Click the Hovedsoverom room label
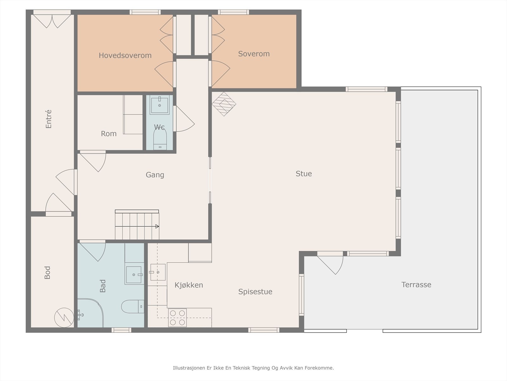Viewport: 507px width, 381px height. click(x=125, y=56)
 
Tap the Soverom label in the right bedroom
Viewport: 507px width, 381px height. click(x=254, y=54)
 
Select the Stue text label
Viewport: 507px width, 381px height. click(x=304, y=173)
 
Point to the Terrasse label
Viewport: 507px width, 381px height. click(x=416, y=284)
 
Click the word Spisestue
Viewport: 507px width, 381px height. click(x=255, y=292)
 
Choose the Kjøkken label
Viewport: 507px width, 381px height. click(x=189, y=285)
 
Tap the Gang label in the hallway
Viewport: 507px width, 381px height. click(x=155, y=175)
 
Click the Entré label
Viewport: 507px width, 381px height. click(x=48, y=119)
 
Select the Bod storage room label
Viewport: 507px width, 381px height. click(x=47, y=272)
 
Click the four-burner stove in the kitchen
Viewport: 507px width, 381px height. click(x=177, y=317)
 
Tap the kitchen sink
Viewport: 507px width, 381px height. click(x=158, y=272)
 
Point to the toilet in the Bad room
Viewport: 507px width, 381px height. click(x=132, y=306)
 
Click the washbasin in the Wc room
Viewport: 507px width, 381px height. click(x=159, y=105)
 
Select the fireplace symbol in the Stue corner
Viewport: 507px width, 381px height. click(x=224, y=104)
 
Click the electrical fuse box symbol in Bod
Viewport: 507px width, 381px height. click(x=64, y=317)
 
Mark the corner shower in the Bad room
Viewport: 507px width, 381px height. click(x=90, y=313)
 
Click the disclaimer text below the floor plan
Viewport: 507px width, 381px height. click(x=253, y=368)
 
